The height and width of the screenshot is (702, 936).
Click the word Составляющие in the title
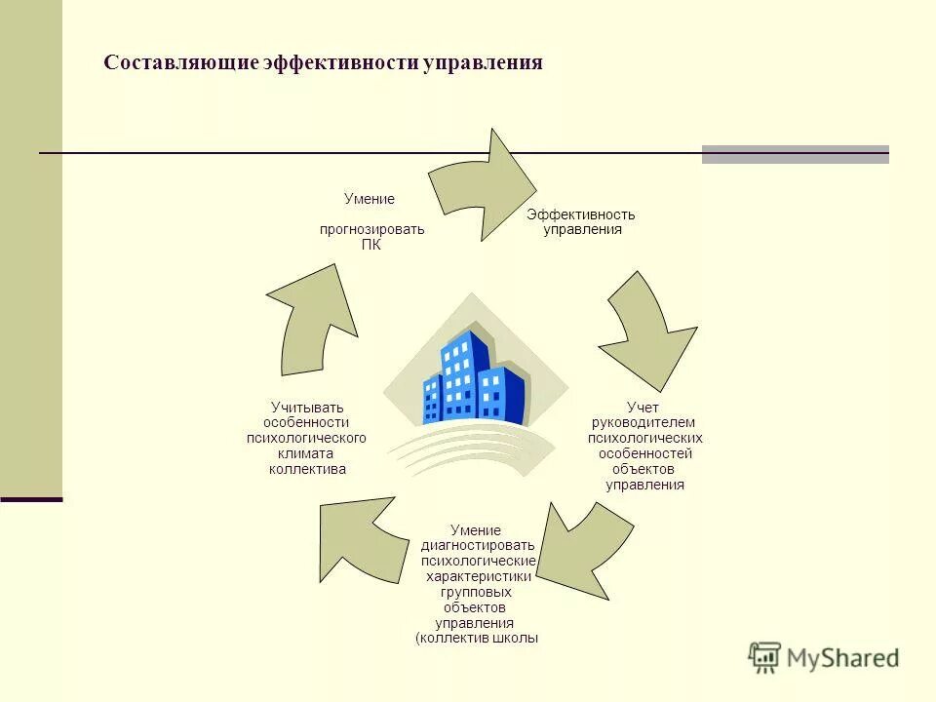pyautogui.click(x=180, y=62)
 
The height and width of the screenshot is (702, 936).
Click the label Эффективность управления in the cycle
pyautogui.click(x=581, y=222)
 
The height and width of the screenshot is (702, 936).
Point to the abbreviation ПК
pyautogui.click(x=370, y=246)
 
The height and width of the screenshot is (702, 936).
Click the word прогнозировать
pyautogui.click(x=371, y=230)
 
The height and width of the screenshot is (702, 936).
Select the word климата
pyautogui.click(x=307, y=453)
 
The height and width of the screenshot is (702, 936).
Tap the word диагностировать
pyautogui.click(x=478, y=545)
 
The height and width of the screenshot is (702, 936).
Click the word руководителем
pyautogui.click(x=644, y=422)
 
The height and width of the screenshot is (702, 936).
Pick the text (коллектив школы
pyautogui.click(x=477, y=639)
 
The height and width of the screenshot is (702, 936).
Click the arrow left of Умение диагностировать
pyautogui.click(x=360, y=539)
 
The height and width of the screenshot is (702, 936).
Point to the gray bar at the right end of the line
pyautogui.click(x=795, y=154)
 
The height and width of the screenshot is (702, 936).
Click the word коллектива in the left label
pyautogui.click(x=307, y=469)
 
